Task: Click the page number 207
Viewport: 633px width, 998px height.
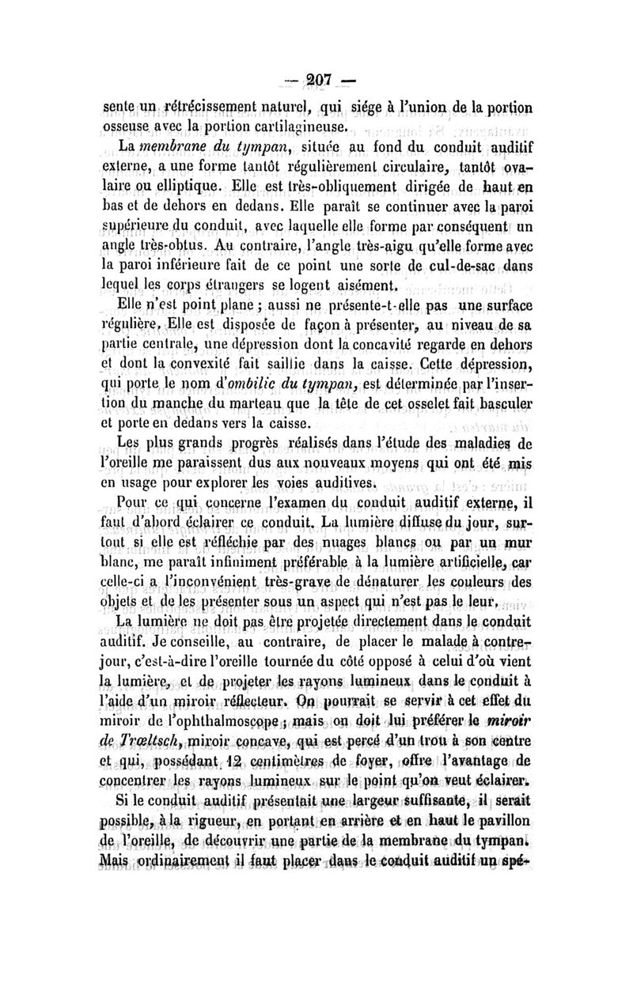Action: (316, 81)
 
